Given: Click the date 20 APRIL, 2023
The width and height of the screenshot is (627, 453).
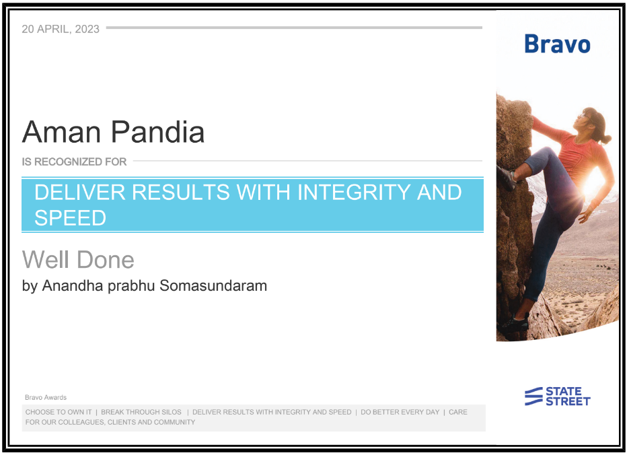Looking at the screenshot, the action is [x=61, y=29].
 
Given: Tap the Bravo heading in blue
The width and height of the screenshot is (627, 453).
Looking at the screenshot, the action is [x=557, y=44].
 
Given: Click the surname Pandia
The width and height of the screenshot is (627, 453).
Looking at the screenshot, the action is [x=157, y=132].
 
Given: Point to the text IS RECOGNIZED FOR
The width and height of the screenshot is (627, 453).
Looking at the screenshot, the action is [x=74, y=162].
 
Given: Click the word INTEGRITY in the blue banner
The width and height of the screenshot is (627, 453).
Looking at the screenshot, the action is [x=353, y=192].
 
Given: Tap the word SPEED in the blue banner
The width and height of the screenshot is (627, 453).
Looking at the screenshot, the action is [x=71, y=218].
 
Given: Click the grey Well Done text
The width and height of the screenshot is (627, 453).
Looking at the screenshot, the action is [x=78, y=260].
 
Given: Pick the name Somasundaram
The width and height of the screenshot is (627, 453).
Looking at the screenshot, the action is [x=213, y=285].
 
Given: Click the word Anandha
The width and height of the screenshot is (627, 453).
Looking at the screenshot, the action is [x=73, y=285].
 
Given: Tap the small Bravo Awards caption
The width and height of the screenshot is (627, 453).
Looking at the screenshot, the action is [x=46, y=397].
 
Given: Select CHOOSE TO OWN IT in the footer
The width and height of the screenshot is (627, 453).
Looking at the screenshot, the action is [x=59, y=412].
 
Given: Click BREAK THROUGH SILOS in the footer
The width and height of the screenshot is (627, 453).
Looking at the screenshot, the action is [x=141, y=412].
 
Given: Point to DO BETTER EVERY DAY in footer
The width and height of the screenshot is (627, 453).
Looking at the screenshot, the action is [x=400, y=412].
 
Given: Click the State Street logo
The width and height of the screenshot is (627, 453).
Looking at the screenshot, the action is [x=558, y=396].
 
